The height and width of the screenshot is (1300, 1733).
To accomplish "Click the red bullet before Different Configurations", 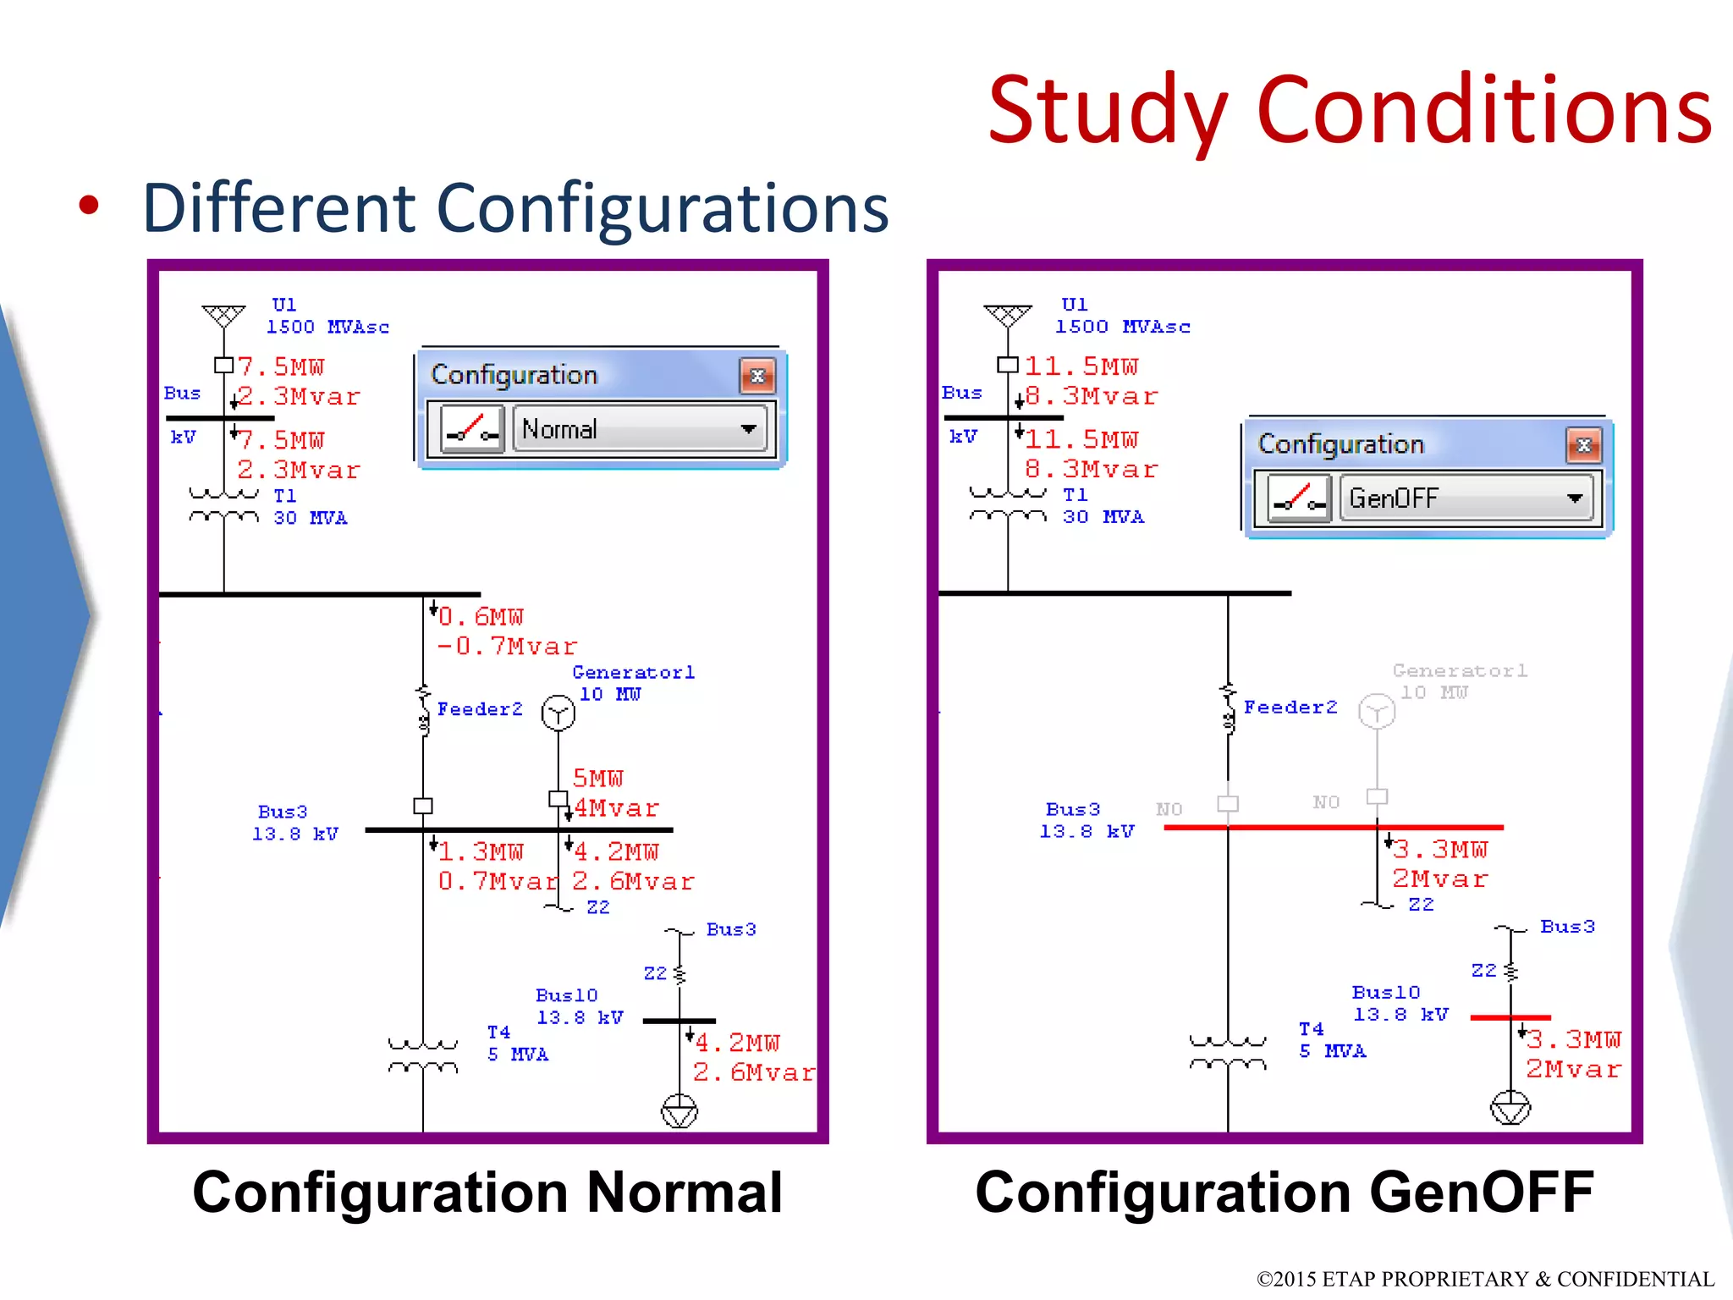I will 89,206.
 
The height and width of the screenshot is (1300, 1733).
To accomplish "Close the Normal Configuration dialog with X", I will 757,376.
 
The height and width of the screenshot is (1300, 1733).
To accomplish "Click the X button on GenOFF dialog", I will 1584,445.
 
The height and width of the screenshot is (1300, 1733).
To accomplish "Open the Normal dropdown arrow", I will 748,429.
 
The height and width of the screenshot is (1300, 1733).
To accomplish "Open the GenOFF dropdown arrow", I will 1574,499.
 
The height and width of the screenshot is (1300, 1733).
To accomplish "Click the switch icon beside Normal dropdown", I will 472,429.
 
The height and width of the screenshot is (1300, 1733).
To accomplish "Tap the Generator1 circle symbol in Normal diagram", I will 558,713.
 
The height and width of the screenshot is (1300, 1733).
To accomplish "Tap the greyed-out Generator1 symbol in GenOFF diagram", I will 1376,711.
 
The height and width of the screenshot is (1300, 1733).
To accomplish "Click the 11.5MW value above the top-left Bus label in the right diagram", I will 1081,366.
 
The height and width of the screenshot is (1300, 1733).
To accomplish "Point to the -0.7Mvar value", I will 506,647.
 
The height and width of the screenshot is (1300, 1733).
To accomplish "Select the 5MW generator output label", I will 597,779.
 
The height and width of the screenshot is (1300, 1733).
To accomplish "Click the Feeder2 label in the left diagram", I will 480,709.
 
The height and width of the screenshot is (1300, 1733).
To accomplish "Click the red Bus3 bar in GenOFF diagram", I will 1333,827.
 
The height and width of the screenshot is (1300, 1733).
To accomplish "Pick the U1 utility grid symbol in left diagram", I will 223,316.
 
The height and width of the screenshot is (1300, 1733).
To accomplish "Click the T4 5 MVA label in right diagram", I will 1331,1040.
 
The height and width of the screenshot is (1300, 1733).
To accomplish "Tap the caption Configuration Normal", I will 487,1192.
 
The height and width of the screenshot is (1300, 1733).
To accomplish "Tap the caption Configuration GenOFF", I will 1284,1192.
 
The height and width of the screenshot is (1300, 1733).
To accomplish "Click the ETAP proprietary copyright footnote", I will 1485,1278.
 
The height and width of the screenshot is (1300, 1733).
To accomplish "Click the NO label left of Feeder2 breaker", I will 1169,809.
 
